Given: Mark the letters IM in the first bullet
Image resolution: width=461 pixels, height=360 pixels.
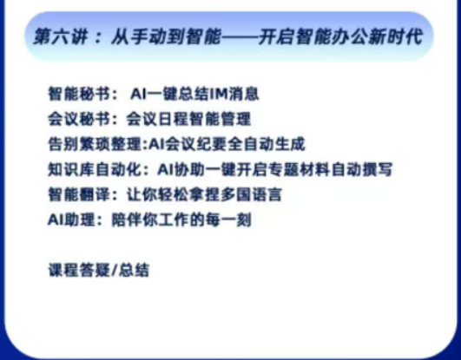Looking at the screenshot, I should point(192,91).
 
